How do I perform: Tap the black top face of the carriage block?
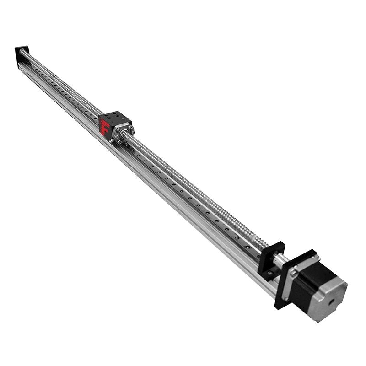(116, 117)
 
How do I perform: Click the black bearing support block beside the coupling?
(270, 259)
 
